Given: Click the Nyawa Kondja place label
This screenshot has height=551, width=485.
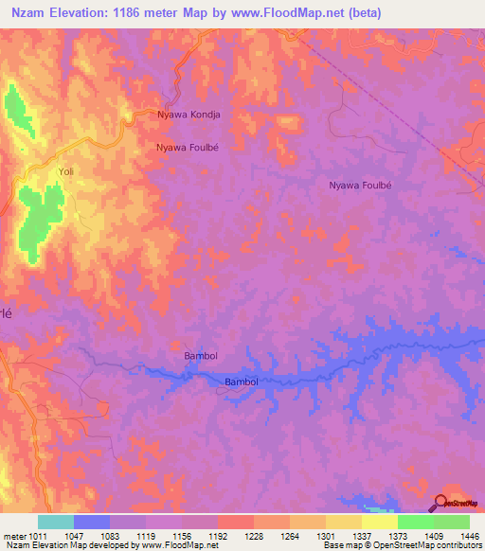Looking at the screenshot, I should coord(188,115).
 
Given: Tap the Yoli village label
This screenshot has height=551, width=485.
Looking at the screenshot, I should coord(66,171).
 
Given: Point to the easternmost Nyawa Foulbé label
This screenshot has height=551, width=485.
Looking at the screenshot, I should coord(360,186).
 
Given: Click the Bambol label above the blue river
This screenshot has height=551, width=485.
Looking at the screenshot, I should coord(200,356).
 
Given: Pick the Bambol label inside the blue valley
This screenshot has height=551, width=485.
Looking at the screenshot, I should coord(242,382).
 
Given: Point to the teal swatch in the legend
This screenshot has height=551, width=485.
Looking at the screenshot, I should coord(55,522).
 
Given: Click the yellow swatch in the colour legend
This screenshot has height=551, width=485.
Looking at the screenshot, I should coord(379,522).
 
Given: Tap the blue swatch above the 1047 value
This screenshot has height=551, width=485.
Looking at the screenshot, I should coord(91,522).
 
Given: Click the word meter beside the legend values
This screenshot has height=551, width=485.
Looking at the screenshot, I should coord(16,535).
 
